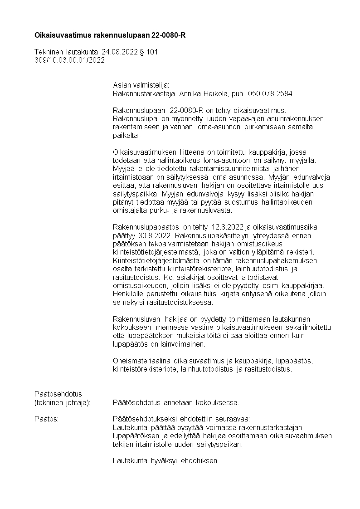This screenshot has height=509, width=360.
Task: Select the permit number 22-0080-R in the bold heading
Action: click(x=170, y=34)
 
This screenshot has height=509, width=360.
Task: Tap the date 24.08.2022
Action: click(x=120, y=53)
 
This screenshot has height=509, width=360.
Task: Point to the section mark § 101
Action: click(x=149, y=53)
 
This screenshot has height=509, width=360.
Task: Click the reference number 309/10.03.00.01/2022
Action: click(x=69, y=60)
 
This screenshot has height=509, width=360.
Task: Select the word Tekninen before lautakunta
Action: click(x=49, y=53)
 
